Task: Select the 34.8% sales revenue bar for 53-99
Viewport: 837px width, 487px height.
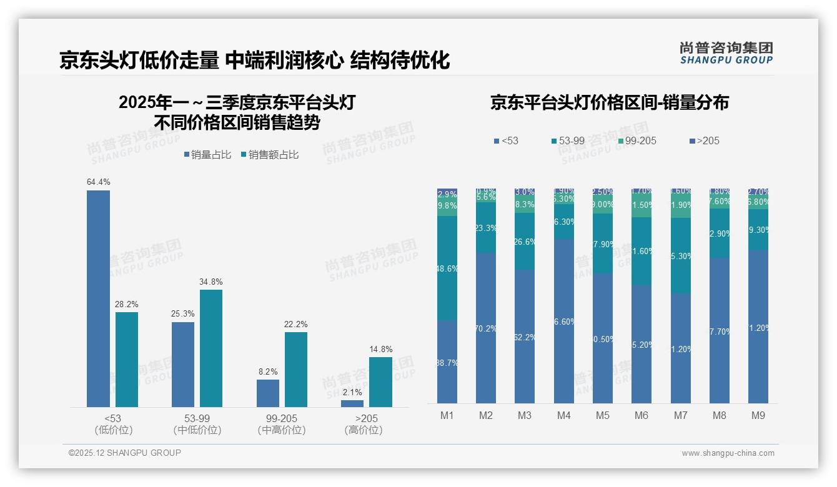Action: pyautogui.click(x=211, y=348)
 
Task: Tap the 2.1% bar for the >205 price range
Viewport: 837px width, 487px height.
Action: pyautogui.click(x=352, y=403)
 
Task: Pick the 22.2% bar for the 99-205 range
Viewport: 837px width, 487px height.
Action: pyautogui.click(x=296, y=370)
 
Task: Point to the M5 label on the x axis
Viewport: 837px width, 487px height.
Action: pyautogui.click(x=602, y=415)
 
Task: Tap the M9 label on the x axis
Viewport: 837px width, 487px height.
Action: pyautogui.click(x=758, y=415)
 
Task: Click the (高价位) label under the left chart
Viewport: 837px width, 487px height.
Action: pyautogui.click(x=364, y=430)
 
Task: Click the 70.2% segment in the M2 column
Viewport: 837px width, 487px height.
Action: pyautogui.click(x=486, y=328)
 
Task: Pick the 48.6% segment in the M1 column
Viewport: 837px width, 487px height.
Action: pyautogui.click(x=447, y=268)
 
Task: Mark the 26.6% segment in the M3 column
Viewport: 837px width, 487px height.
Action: pyautogui.click(x=525, y=242)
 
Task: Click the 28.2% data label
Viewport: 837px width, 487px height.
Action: pyautogui.click(x=127, y=304)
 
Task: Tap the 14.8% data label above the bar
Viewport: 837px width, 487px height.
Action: pyautogui.click(x=380, y=349)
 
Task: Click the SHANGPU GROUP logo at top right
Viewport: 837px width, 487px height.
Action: pyautogui.click(x=726, y=53)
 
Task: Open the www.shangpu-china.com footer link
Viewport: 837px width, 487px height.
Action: pyautogui.click(x=728, y=453)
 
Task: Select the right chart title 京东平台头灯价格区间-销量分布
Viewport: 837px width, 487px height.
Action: pyautogui.click(x=609, y=102)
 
